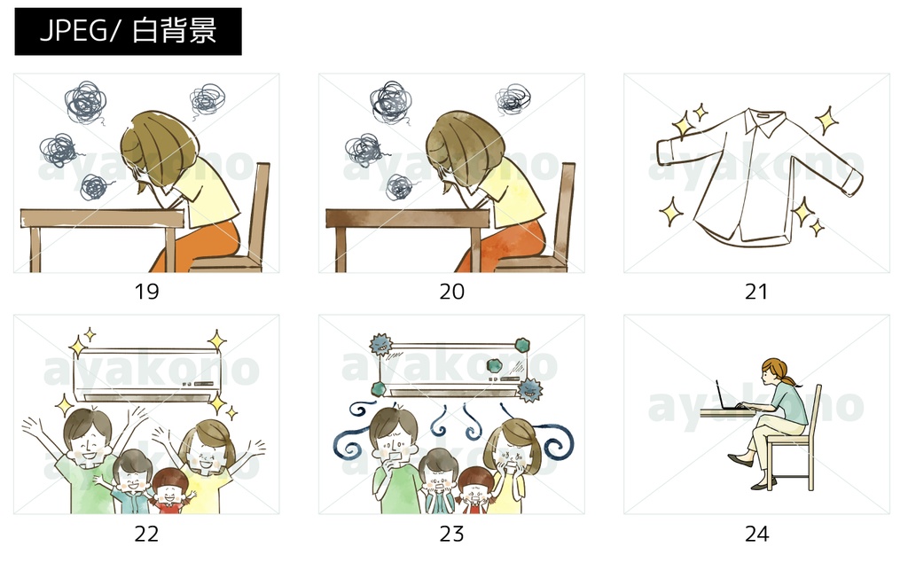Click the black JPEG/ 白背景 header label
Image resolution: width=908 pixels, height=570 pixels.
point(128,31)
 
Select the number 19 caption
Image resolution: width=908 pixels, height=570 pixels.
point(146,292)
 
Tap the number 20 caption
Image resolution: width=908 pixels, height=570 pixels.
point(451,292)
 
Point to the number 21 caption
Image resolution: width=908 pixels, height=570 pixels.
point(756,292)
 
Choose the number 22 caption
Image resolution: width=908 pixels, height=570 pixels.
point(146,534)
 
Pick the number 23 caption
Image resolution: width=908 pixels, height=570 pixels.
point(451,534)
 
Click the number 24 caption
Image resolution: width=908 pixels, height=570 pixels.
point(756,534)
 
